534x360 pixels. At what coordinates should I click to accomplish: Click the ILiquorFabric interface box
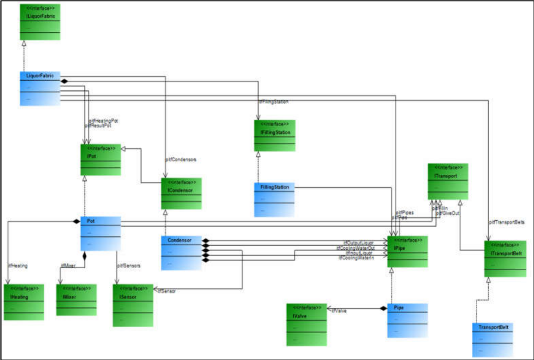click(41, 22)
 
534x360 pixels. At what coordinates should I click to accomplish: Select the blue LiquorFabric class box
click(41, 88)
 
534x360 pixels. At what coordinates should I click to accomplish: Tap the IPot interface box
click(101, 159)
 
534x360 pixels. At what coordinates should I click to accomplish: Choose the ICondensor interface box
click(181, 193)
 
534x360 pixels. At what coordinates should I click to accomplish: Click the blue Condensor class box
click(181, 253)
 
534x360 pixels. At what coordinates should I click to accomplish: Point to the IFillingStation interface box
click(275, 136)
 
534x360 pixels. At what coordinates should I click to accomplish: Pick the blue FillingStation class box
click(274, 200)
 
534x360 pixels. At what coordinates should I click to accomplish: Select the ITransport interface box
click(448, 181)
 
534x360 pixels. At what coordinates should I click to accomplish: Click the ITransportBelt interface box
click(505, 259)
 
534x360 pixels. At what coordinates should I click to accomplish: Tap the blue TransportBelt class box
click(492, 340)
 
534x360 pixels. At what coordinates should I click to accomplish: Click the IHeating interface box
click(24, 302)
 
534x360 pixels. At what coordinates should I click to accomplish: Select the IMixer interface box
click(77, 300)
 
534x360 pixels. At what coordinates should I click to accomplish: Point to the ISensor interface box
click(133, 305)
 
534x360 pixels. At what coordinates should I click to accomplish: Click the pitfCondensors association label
click(181, 159)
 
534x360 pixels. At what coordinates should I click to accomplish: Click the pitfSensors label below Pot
click(129, 266)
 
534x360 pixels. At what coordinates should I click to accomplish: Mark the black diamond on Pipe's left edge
click(383, 308)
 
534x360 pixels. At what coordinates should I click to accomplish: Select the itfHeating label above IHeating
click(18, 266)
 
